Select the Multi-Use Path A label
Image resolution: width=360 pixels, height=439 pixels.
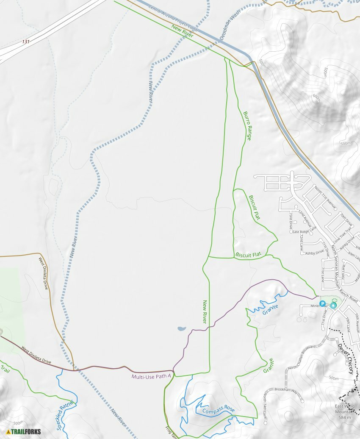[151, 376]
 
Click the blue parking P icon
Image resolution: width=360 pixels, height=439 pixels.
[322, 303]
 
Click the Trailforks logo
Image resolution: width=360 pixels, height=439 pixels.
[24, 431]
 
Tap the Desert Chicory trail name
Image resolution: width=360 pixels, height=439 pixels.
[345, 358]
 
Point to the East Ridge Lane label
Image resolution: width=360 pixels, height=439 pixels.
[302, 232]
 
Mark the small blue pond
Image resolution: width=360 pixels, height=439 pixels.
[181, 328]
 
